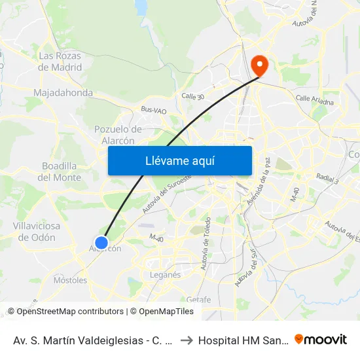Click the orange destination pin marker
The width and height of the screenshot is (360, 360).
[259, 64]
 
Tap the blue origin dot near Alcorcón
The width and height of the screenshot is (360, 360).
[101, 243]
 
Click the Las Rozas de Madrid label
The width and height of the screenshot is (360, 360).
[60, 62]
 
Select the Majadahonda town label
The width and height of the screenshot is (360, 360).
[63, 93]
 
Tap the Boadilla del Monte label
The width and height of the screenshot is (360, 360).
[60, 171]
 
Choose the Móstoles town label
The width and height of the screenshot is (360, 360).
[70, 280]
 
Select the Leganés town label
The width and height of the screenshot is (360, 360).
[165, 275]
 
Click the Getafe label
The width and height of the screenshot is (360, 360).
[199, 299]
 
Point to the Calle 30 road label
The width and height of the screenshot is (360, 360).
[193, 96]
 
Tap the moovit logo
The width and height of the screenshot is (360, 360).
[320, 339]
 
